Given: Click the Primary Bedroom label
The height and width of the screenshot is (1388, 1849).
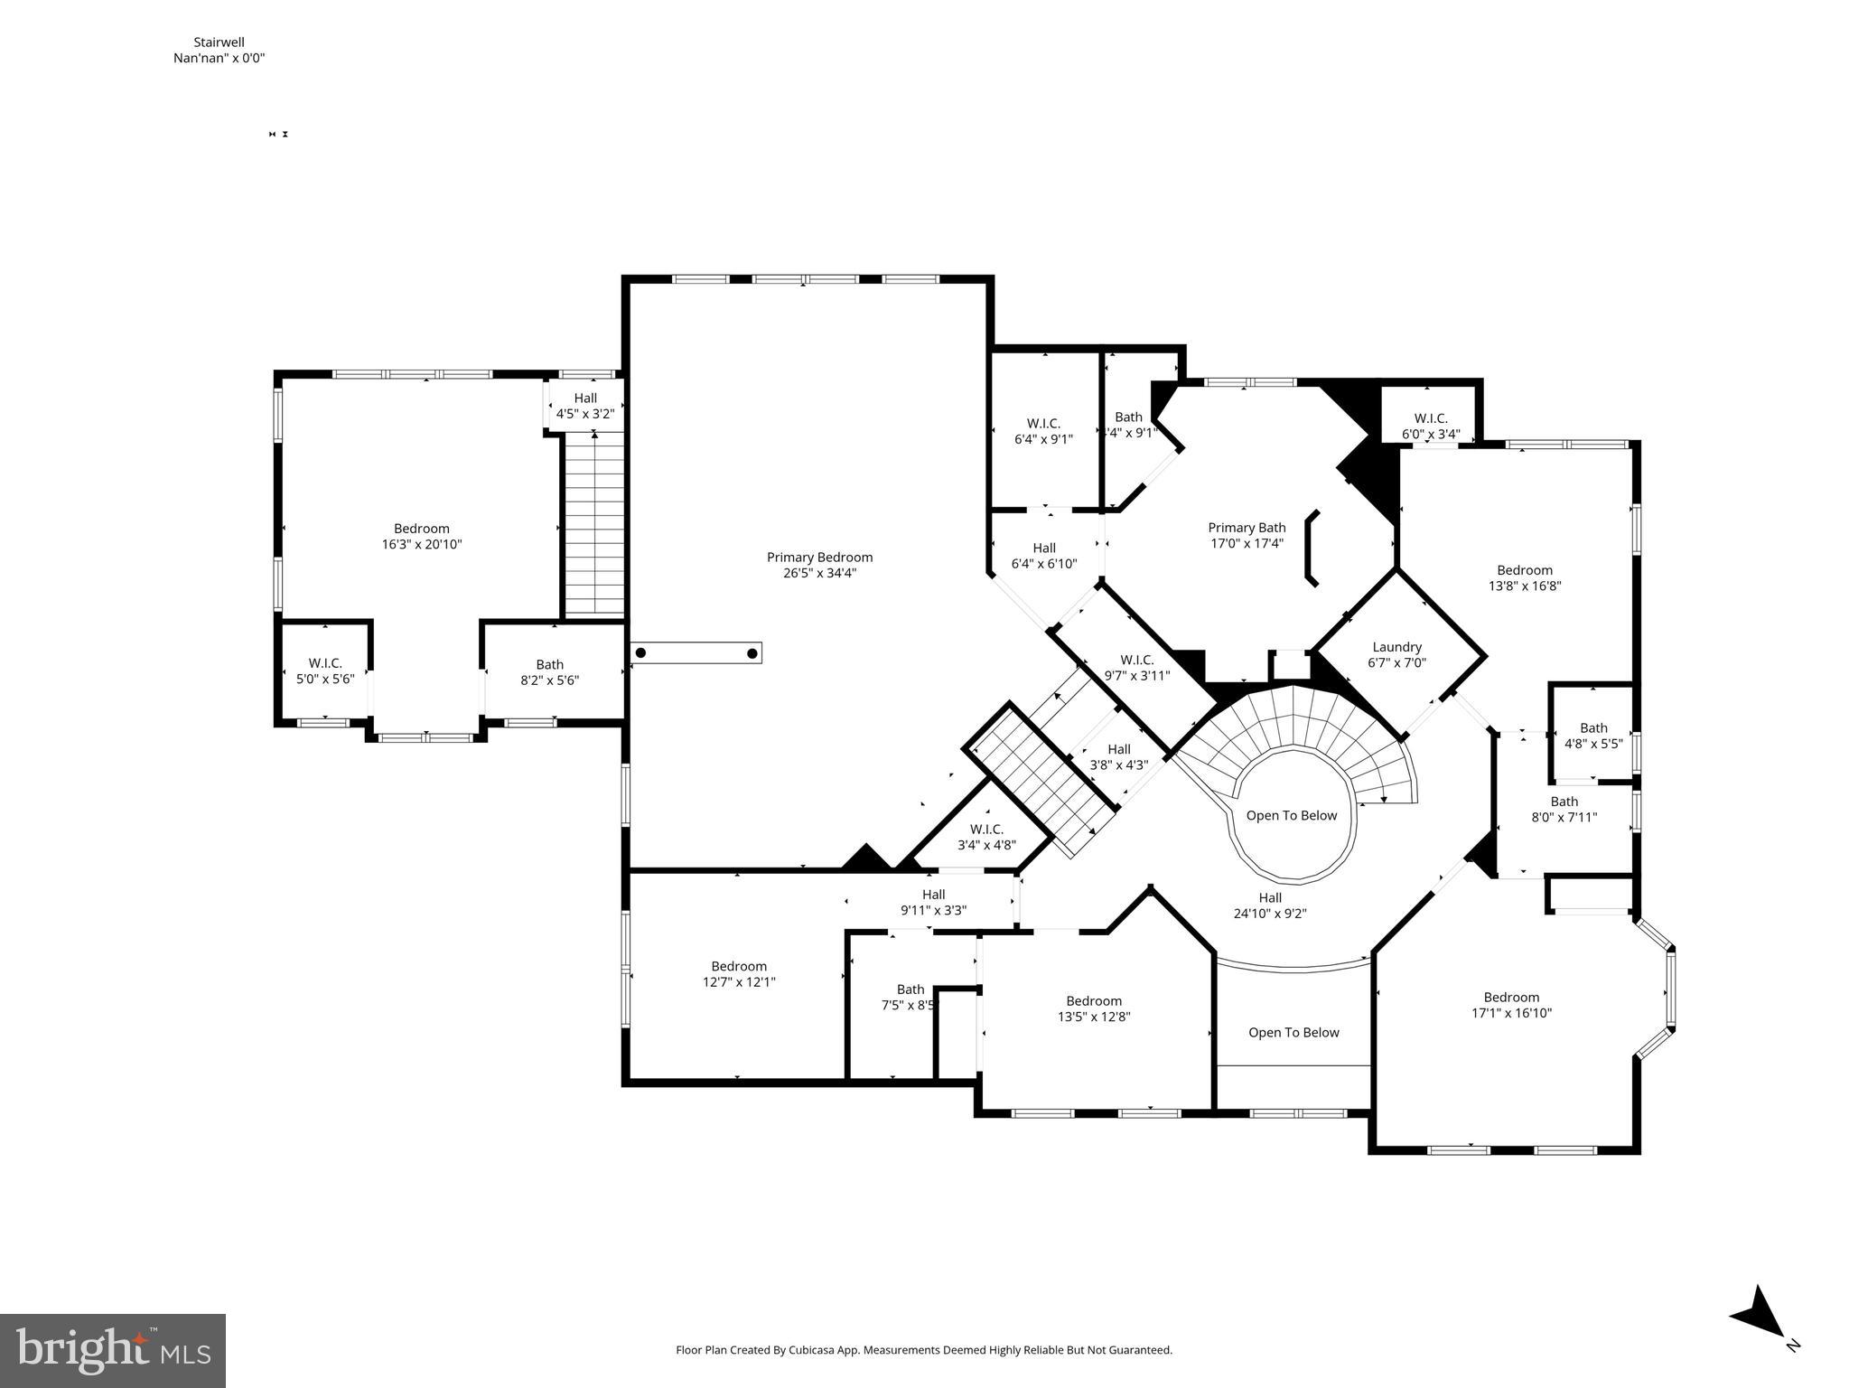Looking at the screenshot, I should click(819, 558).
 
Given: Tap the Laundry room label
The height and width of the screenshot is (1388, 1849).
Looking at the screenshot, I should click(1396, 647).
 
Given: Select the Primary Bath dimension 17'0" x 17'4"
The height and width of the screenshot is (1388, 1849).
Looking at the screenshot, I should click(1247, 543).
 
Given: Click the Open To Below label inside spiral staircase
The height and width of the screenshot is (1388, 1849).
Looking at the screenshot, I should click(1291, 815).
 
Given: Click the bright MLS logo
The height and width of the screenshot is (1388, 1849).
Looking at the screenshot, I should click(113, 1350).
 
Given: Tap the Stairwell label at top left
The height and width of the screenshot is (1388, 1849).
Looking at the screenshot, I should click(219, 42).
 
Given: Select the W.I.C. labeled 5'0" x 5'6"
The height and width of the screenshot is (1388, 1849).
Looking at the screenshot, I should click(325, 671).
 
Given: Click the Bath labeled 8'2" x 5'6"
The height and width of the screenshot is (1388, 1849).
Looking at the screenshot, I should click(549, 672).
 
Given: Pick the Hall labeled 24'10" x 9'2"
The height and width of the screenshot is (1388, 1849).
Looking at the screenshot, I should click(1270, 905).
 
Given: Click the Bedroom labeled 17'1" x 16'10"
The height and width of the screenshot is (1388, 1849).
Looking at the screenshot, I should click(1511, 1005).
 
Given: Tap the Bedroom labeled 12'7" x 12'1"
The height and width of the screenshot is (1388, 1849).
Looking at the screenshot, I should click(739, 973).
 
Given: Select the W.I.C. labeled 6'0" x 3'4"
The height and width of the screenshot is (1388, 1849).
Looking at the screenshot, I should click(1431, 426).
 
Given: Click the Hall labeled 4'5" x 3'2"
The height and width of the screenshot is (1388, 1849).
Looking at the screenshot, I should click(585, 406).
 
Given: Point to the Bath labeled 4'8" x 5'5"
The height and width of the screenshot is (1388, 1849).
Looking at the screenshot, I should click(1593, 736).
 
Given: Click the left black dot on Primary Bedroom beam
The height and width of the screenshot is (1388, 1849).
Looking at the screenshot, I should click(640, 652).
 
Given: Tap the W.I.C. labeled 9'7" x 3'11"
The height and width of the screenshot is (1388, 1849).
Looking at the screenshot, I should click(1136, 667).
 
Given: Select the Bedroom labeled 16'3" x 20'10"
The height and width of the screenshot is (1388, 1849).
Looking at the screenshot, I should click(422, 536).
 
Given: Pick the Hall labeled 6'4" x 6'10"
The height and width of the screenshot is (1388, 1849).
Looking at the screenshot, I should click(1044, 556).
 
